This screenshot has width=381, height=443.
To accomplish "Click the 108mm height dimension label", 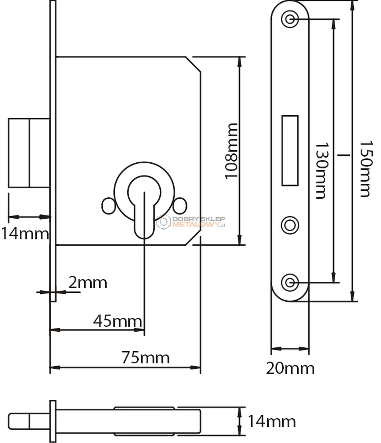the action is point(231,151).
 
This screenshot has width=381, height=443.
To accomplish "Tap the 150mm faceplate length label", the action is point(366,169).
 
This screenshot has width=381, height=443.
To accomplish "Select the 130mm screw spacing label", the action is point(322,171).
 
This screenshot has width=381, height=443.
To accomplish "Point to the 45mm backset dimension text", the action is point(118,321).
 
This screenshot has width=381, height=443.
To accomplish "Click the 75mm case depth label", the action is point(146,358).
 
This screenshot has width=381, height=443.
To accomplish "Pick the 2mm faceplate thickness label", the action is point(88,283).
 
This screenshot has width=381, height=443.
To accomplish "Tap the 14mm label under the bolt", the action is point(25,234).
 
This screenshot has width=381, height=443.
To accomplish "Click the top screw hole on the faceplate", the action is point(290,19).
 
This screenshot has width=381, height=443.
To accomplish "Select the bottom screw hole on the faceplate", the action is point(290,282).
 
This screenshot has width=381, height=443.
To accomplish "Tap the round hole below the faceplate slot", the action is point(290,225).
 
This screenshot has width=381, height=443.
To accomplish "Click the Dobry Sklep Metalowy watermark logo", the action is point(191,221).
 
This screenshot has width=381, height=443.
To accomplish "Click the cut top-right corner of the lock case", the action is point(193,64).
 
